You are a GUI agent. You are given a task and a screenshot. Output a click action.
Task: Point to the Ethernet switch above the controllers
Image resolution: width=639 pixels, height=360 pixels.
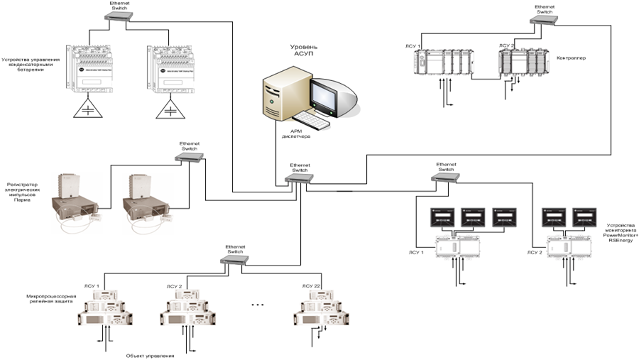click(x=545, y=19)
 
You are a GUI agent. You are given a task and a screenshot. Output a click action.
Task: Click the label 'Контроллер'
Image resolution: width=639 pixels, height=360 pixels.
click(x=572, y=58)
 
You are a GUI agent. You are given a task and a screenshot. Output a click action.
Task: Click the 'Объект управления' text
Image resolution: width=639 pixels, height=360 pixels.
click(x=150, y=355)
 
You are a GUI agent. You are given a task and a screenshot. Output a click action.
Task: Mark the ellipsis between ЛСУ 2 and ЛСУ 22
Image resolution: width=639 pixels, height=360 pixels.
click(x=258, y=305)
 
